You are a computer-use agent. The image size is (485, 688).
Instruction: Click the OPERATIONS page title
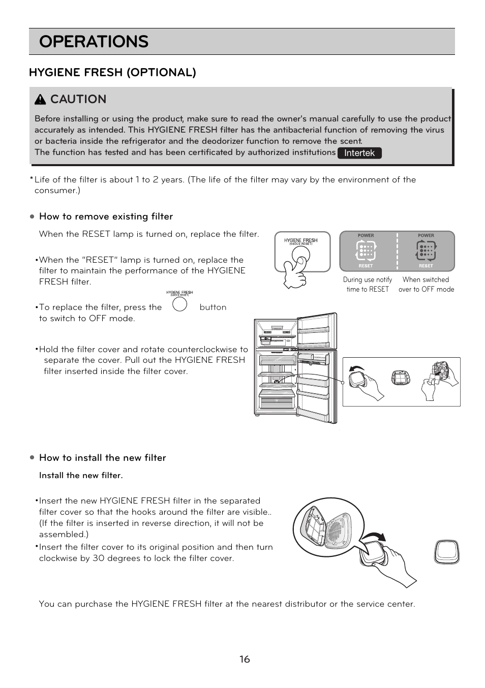tap(94, 42)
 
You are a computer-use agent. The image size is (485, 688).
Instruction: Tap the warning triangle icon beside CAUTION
tap(40, 100)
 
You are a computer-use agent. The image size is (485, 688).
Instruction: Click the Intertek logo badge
tap(359, 153)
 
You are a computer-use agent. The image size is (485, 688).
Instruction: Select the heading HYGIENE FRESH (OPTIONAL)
tap(112, 72)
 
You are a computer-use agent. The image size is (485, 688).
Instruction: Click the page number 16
tap(245, 659)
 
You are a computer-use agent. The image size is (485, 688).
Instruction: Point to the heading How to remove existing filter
tap(106, 216)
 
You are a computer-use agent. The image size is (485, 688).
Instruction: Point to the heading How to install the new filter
tap(102, 458)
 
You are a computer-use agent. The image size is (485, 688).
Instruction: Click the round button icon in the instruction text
tap(179, 304)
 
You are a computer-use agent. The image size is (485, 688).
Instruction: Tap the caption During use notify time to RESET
tap(368, 285)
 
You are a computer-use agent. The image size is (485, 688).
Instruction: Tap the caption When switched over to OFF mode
tap(426, 285)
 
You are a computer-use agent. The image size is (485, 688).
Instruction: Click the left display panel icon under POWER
tap(366, 251)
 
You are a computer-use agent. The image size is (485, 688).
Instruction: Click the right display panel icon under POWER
tap(426, 251)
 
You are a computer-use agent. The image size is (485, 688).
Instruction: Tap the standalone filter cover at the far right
tap(447, 552)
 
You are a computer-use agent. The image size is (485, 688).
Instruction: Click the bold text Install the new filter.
tap(81, 476)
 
